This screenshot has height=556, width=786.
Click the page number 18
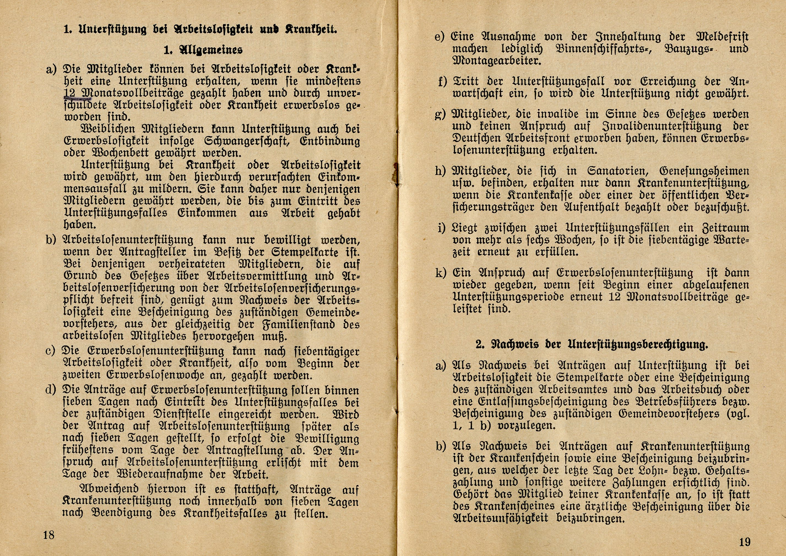point(49,535)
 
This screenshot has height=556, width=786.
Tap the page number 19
point(745,542)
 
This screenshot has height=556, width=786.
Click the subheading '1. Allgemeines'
point(203,50)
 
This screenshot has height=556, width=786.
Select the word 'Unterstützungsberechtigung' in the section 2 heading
point(637,344)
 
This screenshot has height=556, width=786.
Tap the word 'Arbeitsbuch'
point(701,390)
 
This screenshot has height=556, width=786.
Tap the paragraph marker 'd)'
point(51,390)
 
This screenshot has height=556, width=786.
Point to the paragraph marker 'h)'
point(440,171)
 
